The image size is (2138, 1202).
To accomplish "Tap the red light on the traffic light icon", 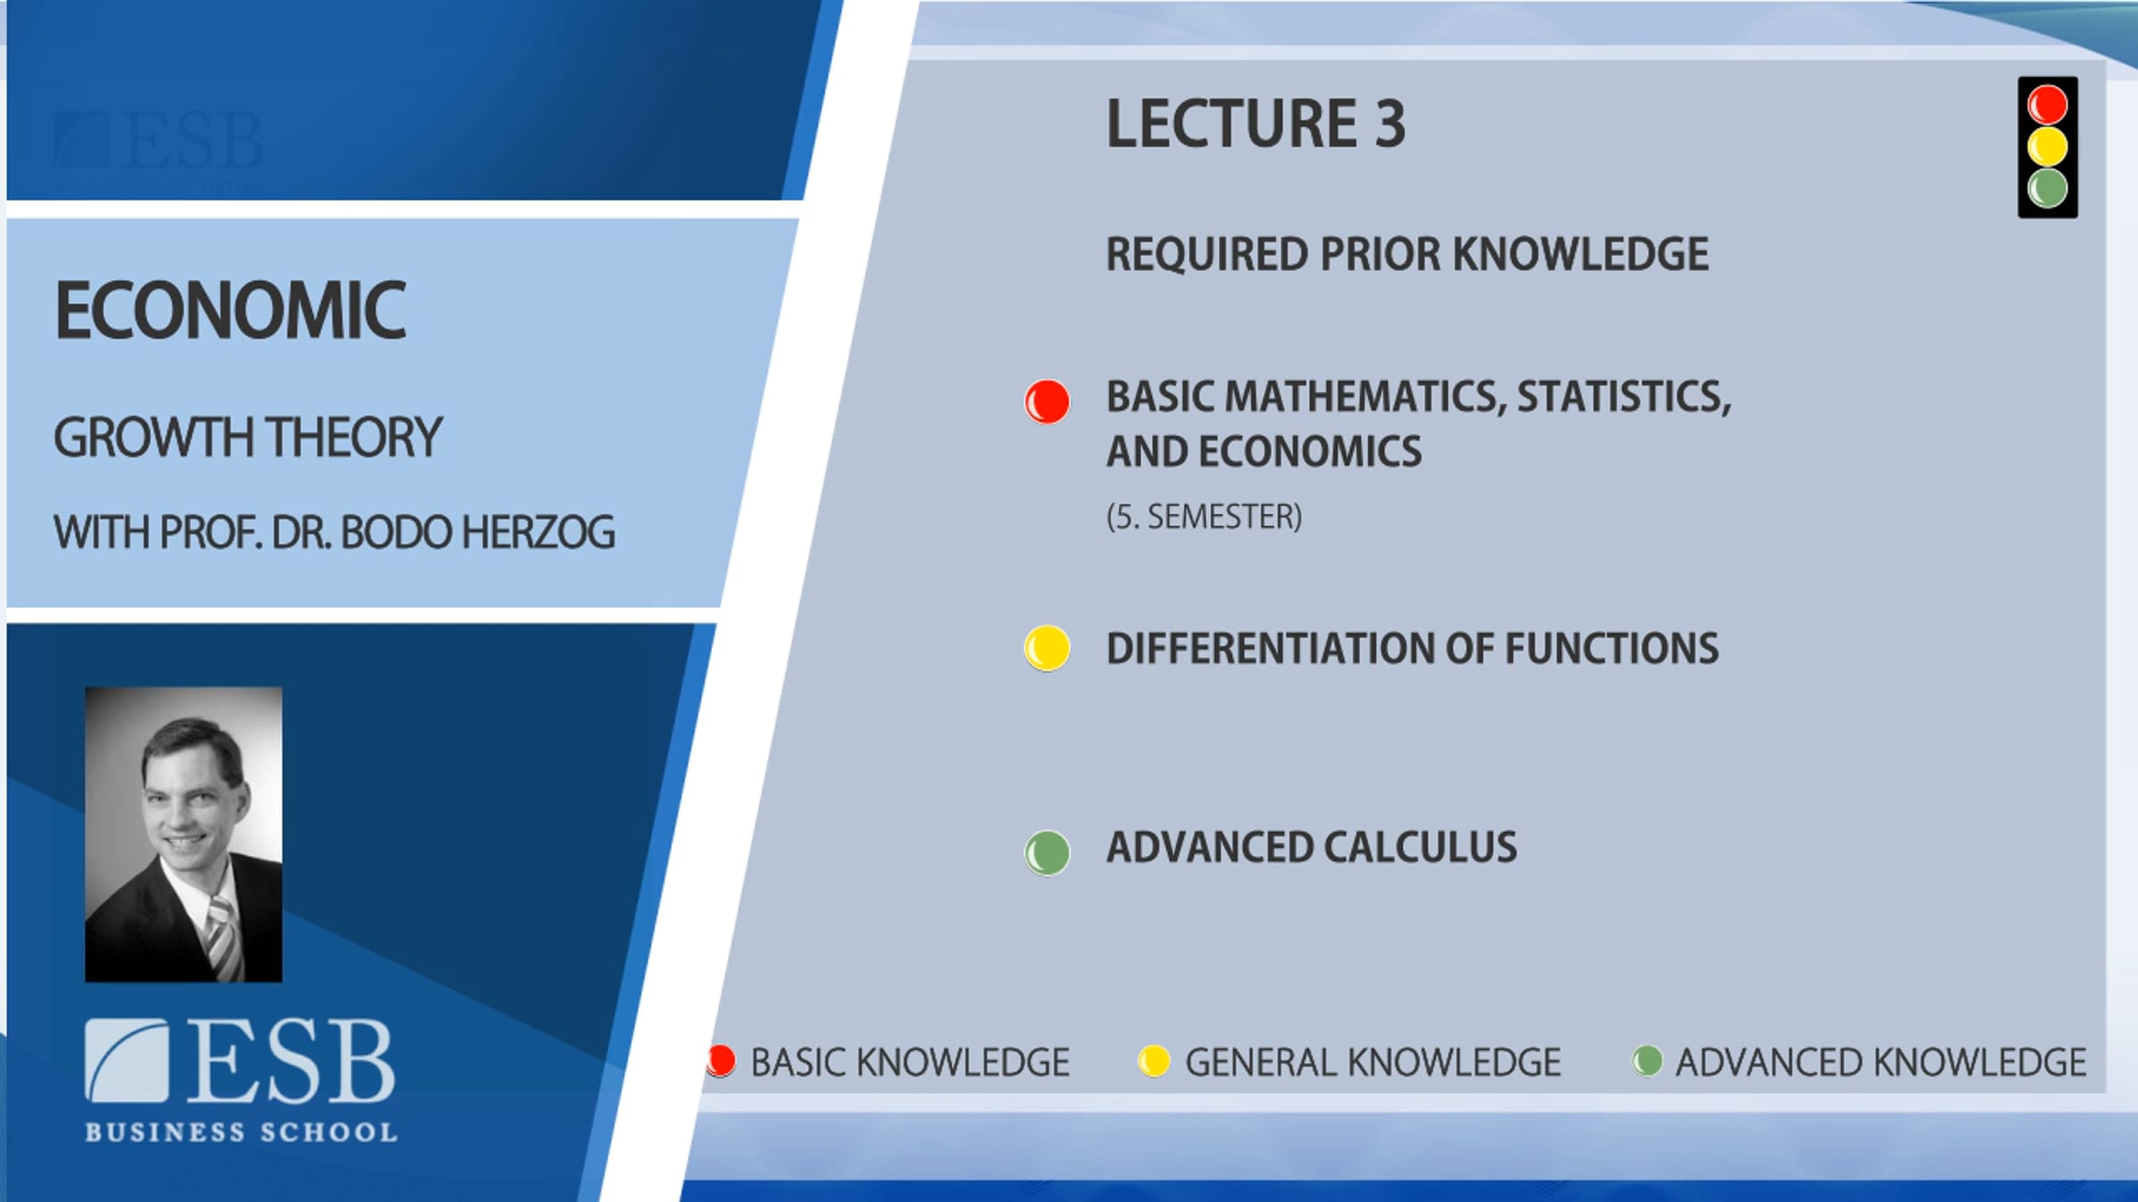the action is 2047,105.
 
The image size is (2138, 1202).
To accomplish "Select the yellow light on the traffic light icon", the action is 2047,147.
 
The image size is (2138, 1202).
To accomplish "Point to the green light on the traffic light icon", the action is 2047,188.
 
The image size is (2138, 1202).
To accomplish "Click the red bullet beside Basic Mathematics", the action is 1047,402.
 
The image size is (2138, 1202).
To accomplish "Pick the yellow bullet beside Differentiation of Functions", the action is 1047,648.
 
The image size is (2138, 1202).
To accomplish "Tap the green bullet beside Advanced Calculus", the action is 1047,853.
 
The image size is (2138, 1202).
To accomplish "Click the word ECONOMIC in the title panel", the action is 231,310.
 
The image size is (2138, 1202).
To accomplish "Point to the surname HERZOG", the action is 538,532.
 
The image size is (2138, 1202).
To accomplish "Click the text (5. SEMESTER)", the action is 1204,516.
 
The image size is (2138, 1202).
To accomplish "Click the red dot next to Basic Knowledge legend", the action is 721,1060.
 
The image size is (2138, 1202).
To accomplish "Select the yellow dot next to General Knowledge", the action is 1154,1060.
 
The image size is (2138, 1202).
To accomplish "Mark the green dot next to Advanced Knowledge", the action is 1647,1060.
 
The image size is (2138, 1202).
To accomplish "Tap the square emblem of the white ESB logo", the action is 126,1060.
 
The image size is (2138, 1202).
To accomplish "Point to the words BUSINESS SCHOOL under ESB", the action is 241,1133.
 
